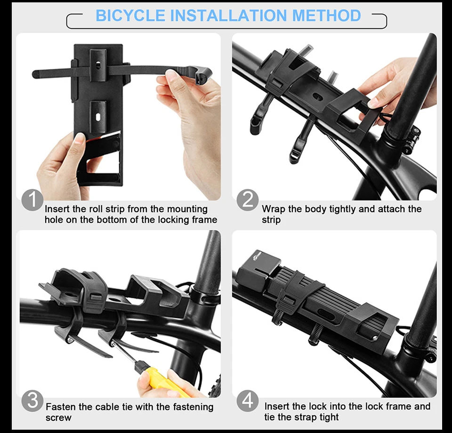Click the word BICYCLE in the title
pyautogui.click(x=130, y=15)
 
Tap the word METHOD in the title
pyautogui.click(x=326, y=15)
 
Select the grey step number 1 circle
pyautogui.click(x=32, y=200)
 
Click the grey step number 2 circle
pyautogui.click(x=248, y=200)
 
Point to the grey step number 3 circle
pyautogui.click(x=32, y=401)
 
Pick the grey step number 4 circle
pyautogui.click(x=248, y=401)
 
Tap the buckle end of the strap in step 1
pyautogui.click(x=202, y=74)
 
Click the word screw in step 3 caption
pyautogui.click(x=58, y=417)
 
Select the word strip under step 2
pyautogui.click(x=271, y=220)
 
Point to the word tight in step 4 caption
pyautogui.click(x=327, y=417)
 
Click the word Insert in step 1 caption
pyautogui.click(x=57, y=209)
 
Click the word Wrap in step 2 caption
pyautogui.click(x=273, y=209)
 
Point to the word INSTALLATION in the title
pyautogui.click(x=229, y=15)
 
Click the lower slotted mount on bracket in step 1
pyautogui.click(x=98, y=117)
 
